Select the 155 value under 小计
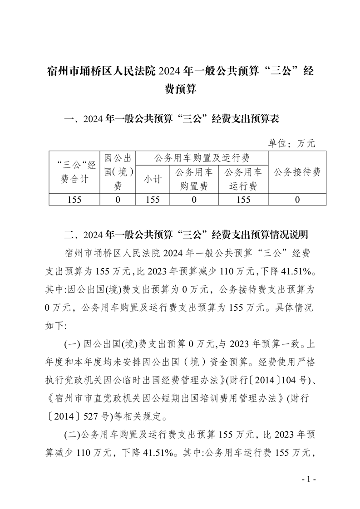(153, 200)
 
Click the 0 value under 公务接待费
(297, 200)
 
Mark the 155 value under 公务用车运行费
(243, 200)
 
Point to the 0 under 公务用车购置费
(194, 200)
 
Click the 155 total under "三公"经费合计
(74, 200)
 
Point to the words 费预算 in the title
(180, 89)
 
